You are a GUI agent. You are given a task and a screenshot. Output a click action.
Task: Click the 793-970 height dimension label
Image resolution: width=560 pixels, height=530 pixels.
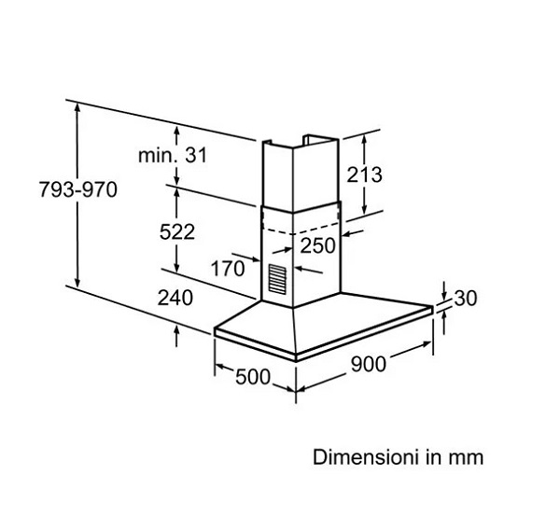click(77, 189)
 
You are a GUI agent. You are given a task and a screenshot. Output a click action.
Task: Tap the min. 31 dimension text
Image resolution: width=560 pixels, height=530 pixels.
click(173, 156)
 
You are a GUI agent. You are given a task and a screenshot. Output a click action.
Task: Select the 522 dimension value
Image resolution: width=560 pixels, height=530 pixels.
click(177, 232)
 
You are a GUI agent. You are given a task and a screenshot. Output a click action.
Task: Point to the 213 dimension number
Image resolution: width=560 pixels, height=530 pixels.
click(364, 175)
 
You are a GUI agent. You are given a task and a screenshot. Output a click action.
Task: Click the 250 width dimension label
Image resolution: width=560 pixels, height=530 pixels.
click(318, 245)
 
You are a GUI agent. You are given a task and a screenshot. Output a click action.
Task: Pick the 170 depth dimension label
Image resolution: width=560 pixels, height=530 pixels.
click(228, 268)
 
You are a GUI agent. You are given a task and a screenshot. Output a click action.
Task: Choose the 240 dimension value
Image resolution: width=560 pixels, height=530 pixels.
click(175, 298)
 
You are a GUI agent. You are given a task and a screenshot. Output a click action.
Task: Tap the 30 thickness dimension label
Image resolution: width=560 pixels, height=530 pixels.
click(466, 298)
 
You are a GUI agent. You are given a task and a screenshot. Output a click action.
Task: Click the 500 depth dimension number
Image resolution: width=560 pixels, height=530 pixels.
click(253, 377)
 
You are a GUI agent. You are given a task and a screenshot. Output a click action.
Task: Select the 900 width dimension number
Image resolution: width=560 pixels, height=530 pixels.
click(369, 364)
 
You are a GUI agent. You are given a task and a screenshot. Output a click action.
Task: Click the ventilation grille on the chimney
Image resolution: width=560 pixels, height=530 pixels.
click(277, 278)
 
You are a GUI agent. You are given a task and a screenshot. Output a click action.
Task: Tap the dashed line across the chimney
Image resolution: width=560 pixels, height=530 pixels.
click(300, 230)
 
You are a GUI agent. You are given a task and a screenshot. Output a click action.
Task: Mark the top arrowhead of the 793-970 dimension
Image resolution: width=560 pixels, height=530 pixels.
click(77, 106)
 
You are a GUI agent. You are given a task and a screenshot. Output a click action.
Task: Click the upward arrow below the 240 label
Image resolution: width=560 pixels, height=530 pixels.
click(176, 336)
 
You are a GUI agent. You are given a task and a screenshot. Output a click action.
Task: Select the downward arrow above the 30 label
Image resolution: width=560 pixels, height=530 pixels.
click(444, 291)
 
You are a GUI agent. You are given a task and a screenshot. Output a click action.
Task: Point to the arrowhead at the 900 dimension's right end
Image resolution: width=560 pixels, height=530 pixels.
click(427, 344)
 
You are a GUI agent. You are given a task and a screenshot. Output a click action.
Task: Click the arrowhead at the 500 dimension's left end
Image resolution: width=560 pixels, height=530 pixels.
click(220, 367)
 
